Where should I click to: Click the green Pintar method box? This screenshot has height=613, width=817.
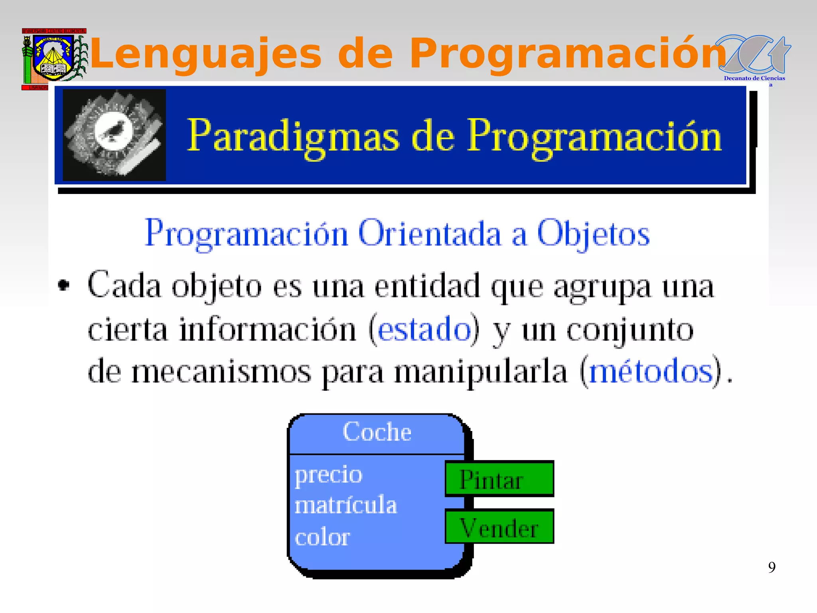click(x=499, y=479)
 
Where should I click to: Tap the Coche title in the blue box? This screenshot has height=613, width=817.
click(x=377, y=432)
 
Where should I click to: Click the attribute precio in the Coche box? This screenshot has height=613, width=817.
click(x=328, y=475)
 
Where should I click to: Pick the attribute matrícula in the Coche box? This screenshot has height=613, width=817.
click(x=346, y=505)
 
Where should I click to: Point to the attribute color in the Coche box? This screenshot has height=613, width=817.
click(x=322, y=537)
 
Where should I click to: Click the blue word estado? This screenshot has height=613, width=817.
click(x=424, y=330)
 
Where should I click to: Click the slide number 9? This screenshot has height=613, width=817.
click(x=772, y=567)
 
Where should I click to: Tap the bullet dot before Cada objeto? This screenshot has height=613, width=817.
click(x=64, y=285)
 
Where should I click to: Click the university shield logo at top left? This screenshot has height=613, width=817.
click(x=53, y=58)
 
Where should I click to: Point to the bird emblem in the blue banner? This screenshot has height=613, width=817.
click(x=114, y=134)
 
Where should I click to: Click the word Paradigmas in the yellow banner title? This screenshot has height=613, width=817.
click(x=293, y=136)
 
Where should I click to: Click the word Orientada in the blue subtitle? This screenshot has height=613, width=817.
click(x=429, y=234)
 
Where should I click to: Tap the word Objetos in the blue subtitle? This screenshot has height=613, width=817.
click(x=593, y=234)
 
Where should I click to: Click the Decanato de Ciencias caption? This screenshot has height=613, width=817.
click(x=754, y=78)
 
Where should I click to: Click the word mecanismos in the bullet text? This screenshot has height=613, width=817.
click(x=221, y=372)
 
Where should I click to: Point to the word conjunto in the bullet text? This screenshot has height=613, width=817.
click(x=630, y=330)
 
